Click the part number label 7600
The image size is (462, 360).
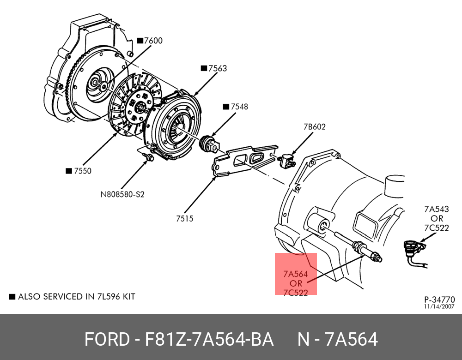click(x=153, y=41)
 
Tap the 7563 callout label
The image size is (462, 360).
click(x=217, y=68)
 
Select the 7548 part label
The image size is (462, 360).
click(x=239, y=107)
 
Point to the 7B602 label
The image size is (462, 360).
click(x=314, y=127)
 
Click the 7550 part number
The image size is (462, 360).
click(x=82, y=171)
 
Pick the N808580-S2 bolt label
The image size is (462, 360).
click(x=122, y=194)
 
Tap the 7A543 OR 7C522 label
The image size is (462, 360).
click(x=437, y=218)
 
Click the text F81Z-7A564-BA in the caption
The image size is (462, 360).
click(x=210, y=340)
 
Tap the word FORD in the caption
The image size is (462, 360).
click(x=107, y=340)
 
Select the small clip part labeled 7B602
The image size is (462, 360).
click(x=287, y=160)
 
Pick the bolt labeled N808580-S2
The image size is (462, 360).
click(x=148, y=158)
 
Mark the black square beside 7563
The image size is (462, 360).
click(x=203, y=68)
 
